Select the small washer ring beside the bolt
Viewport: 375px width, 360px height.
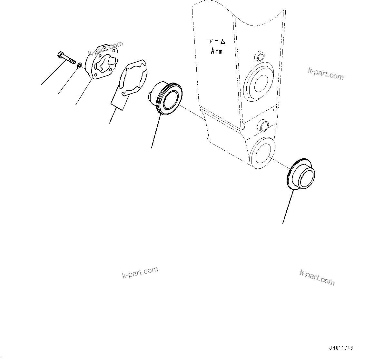79,66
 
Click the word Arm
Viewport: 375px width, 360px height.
217,51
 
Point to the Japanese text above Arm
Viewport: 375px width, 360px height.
216,42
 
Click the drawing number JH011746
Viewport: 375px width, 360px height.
341,348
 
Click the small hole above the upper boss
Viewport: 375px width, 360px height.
259,56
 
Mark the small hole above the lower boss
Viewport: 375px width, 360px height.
264,125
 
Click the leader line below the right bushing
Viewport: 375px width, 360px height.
288,206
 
